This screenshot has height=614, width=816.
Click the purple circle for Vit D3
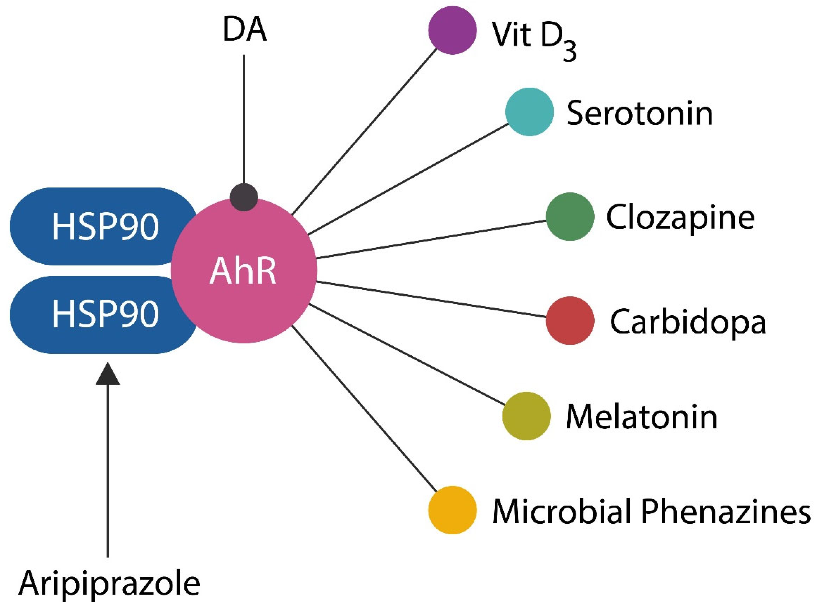452,30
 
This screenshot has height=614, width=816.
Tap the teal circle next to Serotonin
529,112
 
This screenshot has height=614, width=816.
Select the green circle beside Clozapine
570,217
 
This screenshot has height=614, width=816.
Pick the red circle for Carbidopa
570,321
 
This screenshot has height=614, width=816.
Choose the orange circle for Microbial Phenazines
452,510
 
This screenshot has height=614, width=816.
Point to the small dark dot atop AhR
244,197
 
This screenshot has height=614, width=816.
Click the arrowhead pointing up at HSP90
108,374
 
